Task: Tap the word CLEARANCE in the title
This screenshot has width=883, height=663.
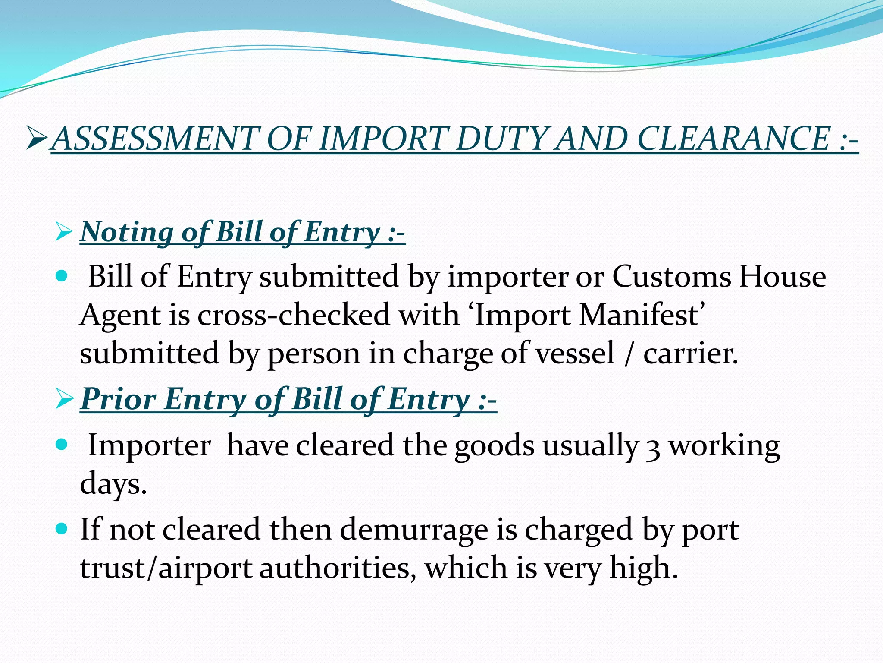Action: [x=733, y=139]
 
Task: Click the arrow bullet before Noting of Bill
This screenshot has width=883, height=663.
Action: [x=64, y=232]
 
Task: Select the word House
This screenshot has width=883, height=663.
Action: [x=782, y=277]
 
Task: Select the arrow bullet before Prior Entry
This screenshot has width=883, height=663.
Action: [x=64, y=399]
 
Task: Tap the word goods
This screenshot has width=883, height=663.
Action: [x=494, y=446]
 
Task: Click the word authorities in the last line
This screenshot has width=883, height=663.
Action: [x=335, y=568]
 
